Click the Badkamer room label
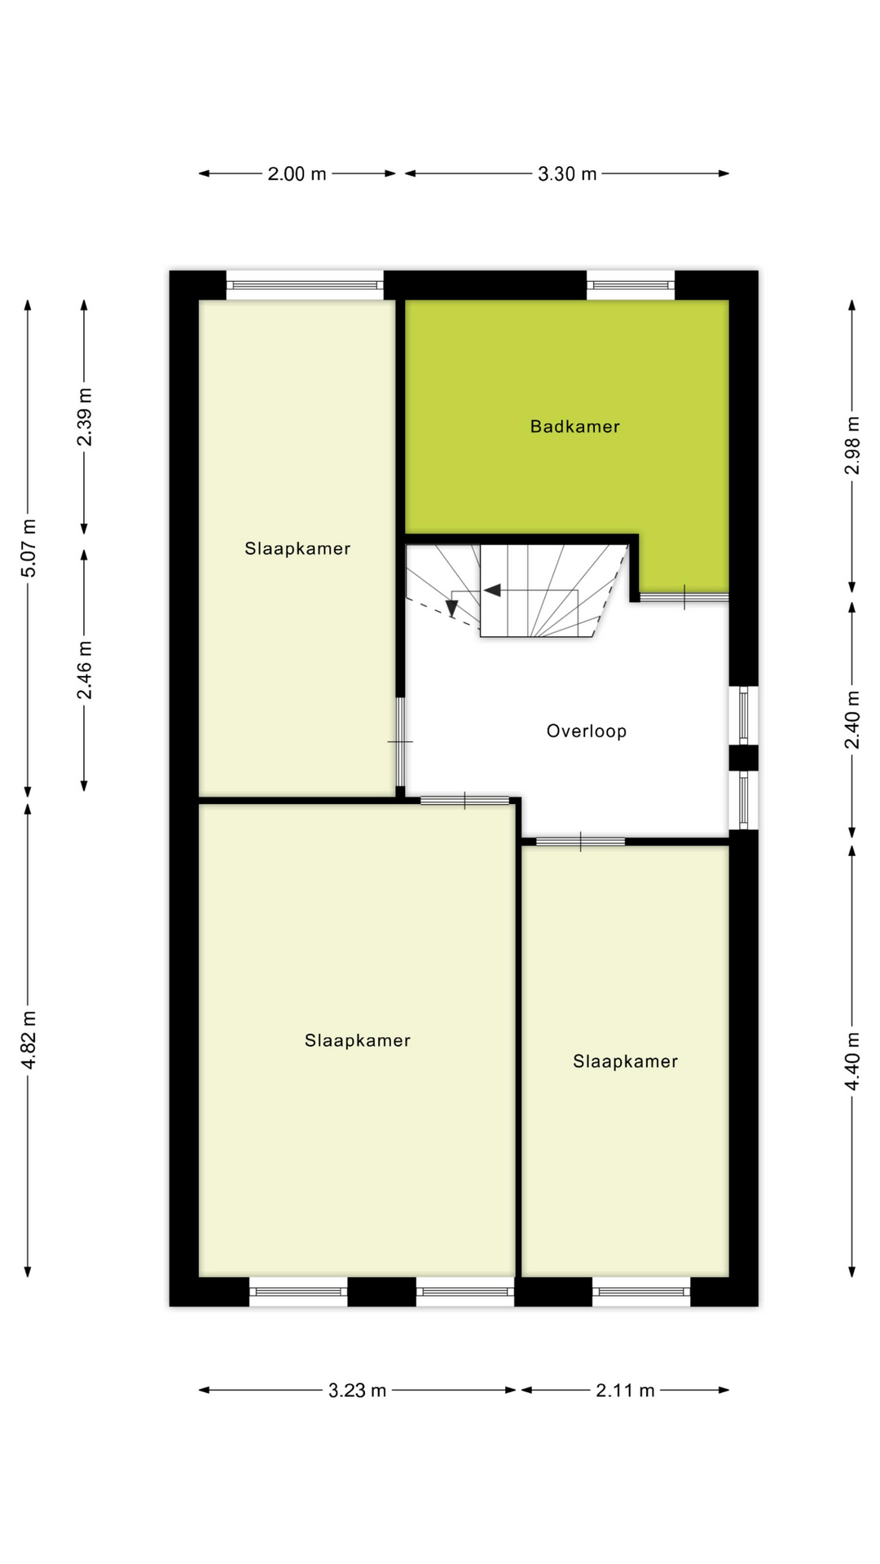point(574,426)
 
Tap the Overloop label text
point(587,731)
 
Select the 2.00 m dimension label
point(297,174)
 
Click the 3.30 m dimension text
point(567,174)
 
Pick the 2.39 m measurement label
point(84,417)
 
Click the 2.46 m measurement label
point(84,670)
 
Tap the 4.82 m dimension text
point(29,1040)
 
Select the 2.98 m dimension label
point(851,445)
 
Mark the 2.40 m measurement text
point(851,719)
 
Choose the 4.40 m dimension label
point(851,1061)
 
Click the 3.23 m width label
point(357,1390)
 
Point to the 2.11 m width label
point(625,1390)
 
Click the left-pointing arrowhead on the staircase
point(492,590)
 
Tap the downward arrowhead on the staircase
point(451,608)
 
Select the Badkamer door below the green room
point(684,597)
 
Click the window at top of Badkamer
point(631,285)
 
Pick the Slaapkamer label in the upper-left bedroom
point(297,548)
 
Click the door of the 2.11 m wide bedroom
point(580,841)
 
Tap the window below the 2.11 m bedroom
point(641,1291)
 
